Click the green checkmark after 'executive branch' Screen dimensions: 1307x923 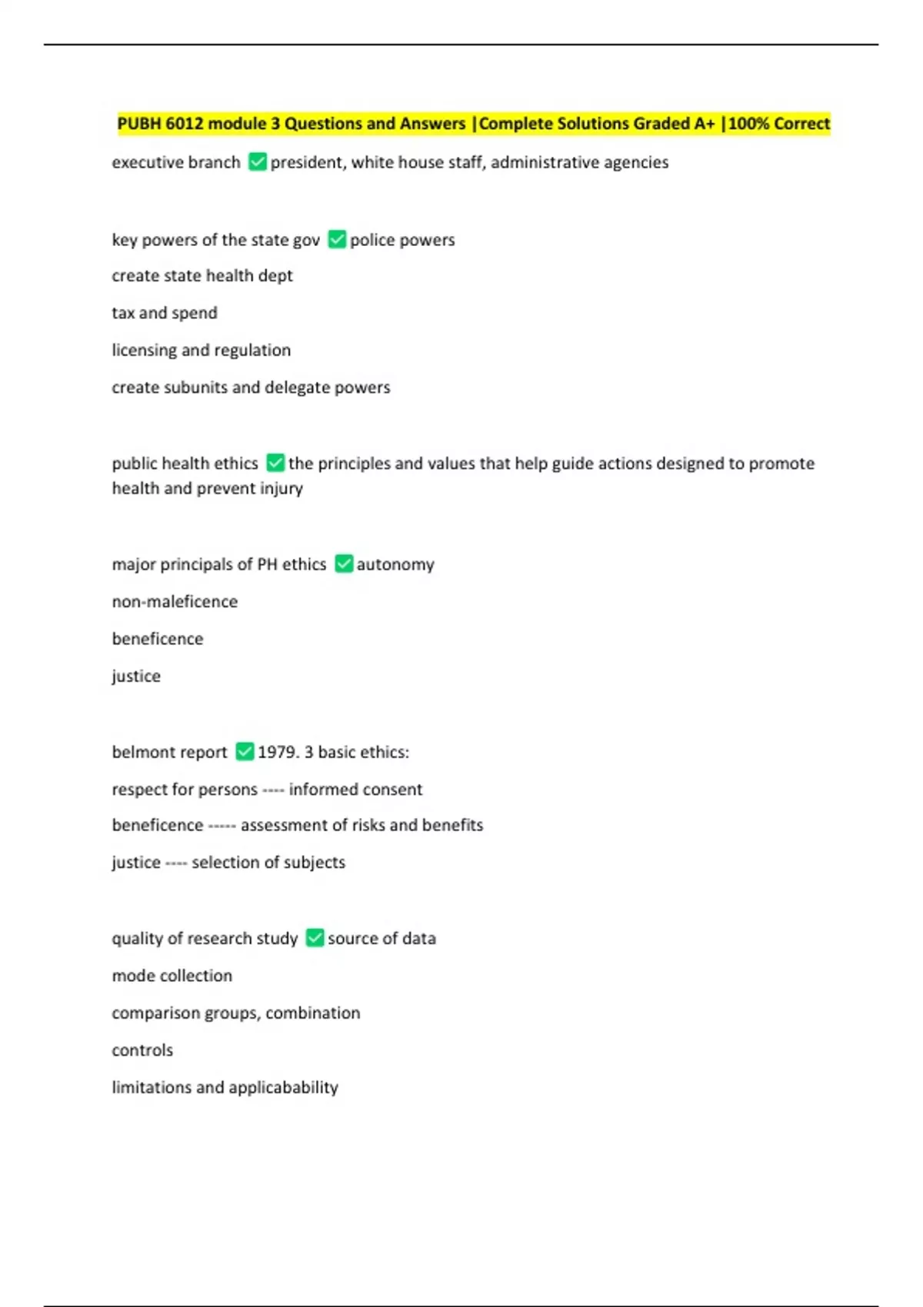click(x=258, y=162)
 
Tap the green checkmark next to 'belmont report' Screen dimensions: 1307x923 click(x=245, y=752)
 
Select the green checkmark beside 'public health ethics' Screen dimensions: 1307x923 click(x=275, y=463)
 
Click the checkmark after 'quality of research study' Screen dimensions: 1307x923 click(x=315, y=938)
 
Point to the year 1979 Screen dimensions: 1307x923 click(x=277, y=752)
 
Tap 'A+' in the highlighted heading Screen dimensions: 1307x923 click(x=705, y=124)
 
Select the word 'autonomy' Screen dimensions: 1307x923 click(x=395, y=564)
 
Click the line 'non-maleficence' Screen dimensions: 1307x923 click(x=175, y=601)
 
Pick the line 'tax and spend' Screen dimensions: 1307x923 click(x=165, y=313)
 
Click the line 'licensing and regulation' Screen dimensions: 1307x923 click(x=202, y=350)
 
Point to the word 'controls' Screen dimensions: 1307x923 click(x=142, y=1050)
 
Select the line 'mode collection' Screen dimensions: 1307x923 click(x=172, y=976)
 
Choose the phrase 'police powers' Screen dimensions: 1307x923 click(x=402, y=240)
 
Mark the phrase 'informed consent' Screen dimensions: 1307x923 click(x=355, y=789)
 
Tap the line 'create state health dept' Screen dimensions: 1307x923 click(x=202, y=275)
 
